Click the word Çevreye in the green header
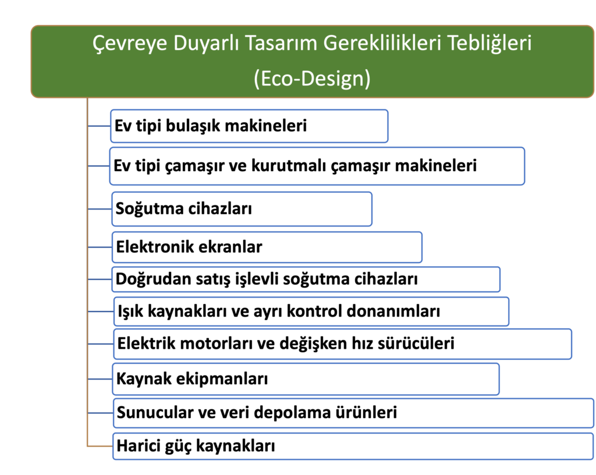tap(130, 43)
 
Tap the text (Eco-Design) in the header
tap(312, 78)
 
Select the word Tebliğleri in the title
tap(489, 43)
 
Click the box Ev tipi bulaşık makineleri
tap(249, 126)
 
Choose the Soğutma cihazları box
tap(242, 209)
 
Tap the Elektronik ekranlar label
tap(189, 247)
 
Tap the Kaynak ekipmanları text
tap(192, 379)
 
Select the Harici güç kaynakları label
tap(196, 446)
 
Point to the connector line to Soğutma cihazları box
tap(100, 209)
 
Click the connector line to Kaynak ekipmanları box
tap(100, 379)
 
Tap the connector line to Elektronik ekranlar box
tap(100, 247)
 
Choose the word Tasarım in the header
tap(281, 42)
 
